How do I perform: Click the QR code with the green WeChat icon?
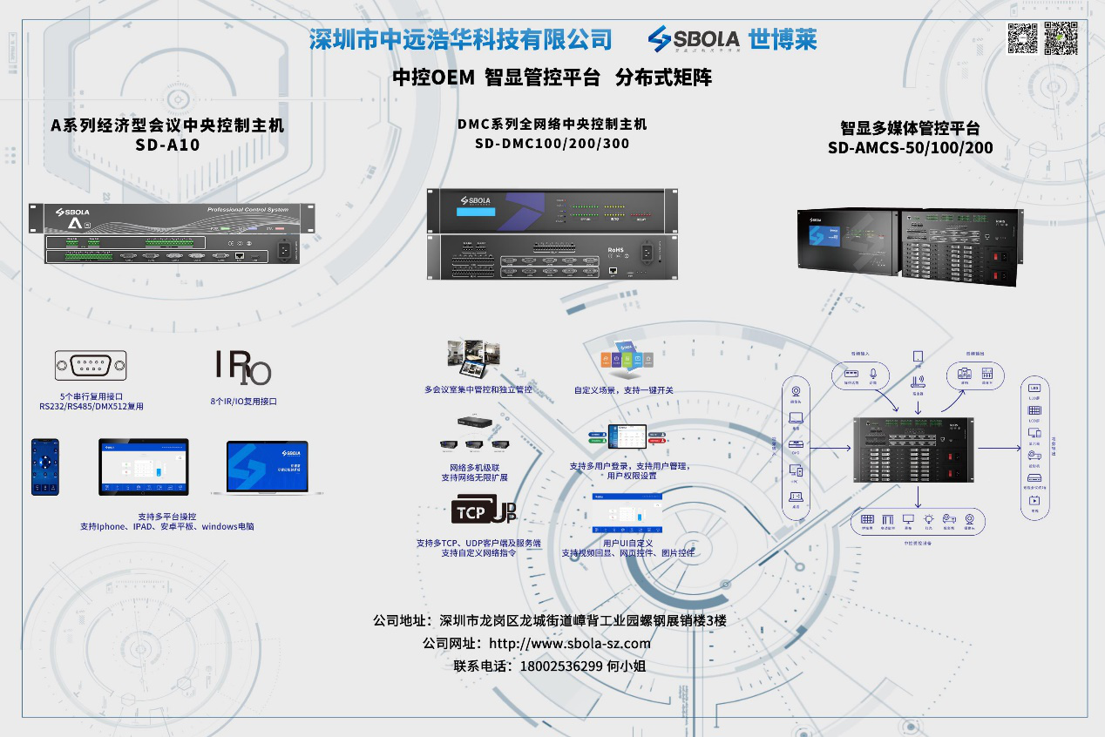click(x=1061, y=38)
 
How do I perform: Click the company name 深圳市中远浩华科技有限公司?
click(x=461, y=39)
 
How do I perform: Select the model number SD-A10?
click(x=167, y=145)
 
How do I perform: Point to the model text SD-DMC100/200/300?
click(x=552, y=144)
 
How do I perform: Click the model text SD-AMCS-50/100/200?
click(x=910, y=148)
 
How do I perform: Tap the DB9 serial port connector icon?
click(x=91, y=365)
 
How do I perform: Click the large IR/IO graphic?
click(x=243, y=367)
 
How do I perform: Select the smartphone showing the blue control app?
click(x=45, y=467)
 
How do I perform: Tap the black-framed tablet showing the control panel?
click(x=144, y=467)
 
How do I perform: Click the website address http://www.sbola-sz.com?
click(x=570, y=644)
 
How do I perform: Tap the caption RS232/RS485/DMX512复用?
click(x=91, y=406)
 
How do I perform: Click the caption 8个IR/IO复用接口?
click(x=243, y=402)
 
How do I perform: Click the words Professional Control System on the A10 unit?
click(x=247, y=211)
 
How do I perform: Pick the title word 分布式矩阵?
click(x=663, y=78)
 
